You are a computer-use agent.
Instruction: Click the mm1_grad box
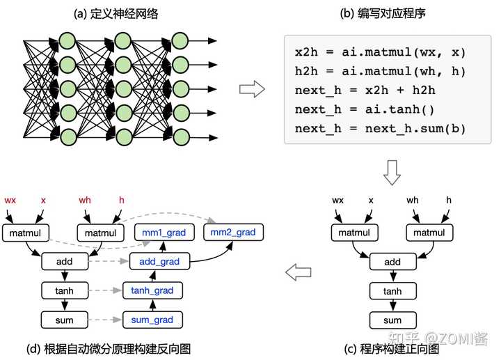pos(164,233)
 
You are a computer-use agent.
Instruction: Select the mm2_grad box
pos(230,233)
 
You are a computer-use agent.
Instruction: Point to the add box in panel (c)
pos(392,262)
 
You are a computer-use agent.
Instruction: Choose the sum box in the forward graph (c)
pos(392,320)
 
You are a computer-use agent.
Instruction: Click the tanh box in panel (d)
pos(64,290)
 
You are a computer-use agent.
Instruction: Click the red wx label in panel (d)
pos(10,201)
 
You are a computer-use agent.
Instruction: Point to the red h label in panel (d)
pos(122,201)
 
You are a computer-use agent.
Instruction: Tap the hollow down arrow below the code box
pos(392,172)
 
